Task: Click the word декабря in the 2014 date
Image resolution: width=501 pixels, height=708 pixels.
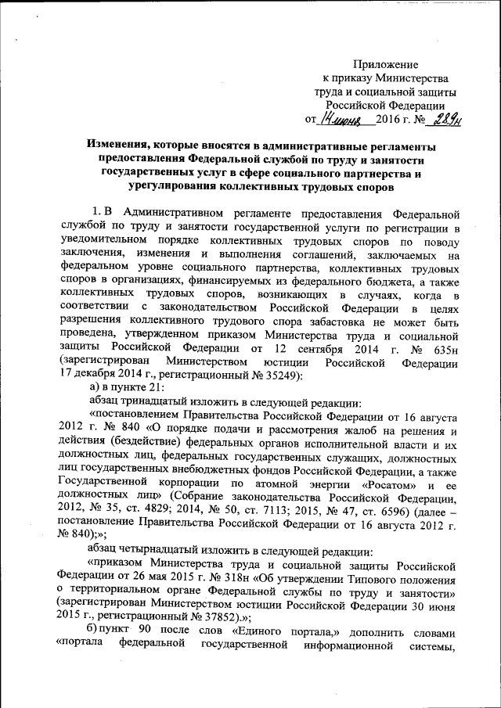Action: pos(96,378)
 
